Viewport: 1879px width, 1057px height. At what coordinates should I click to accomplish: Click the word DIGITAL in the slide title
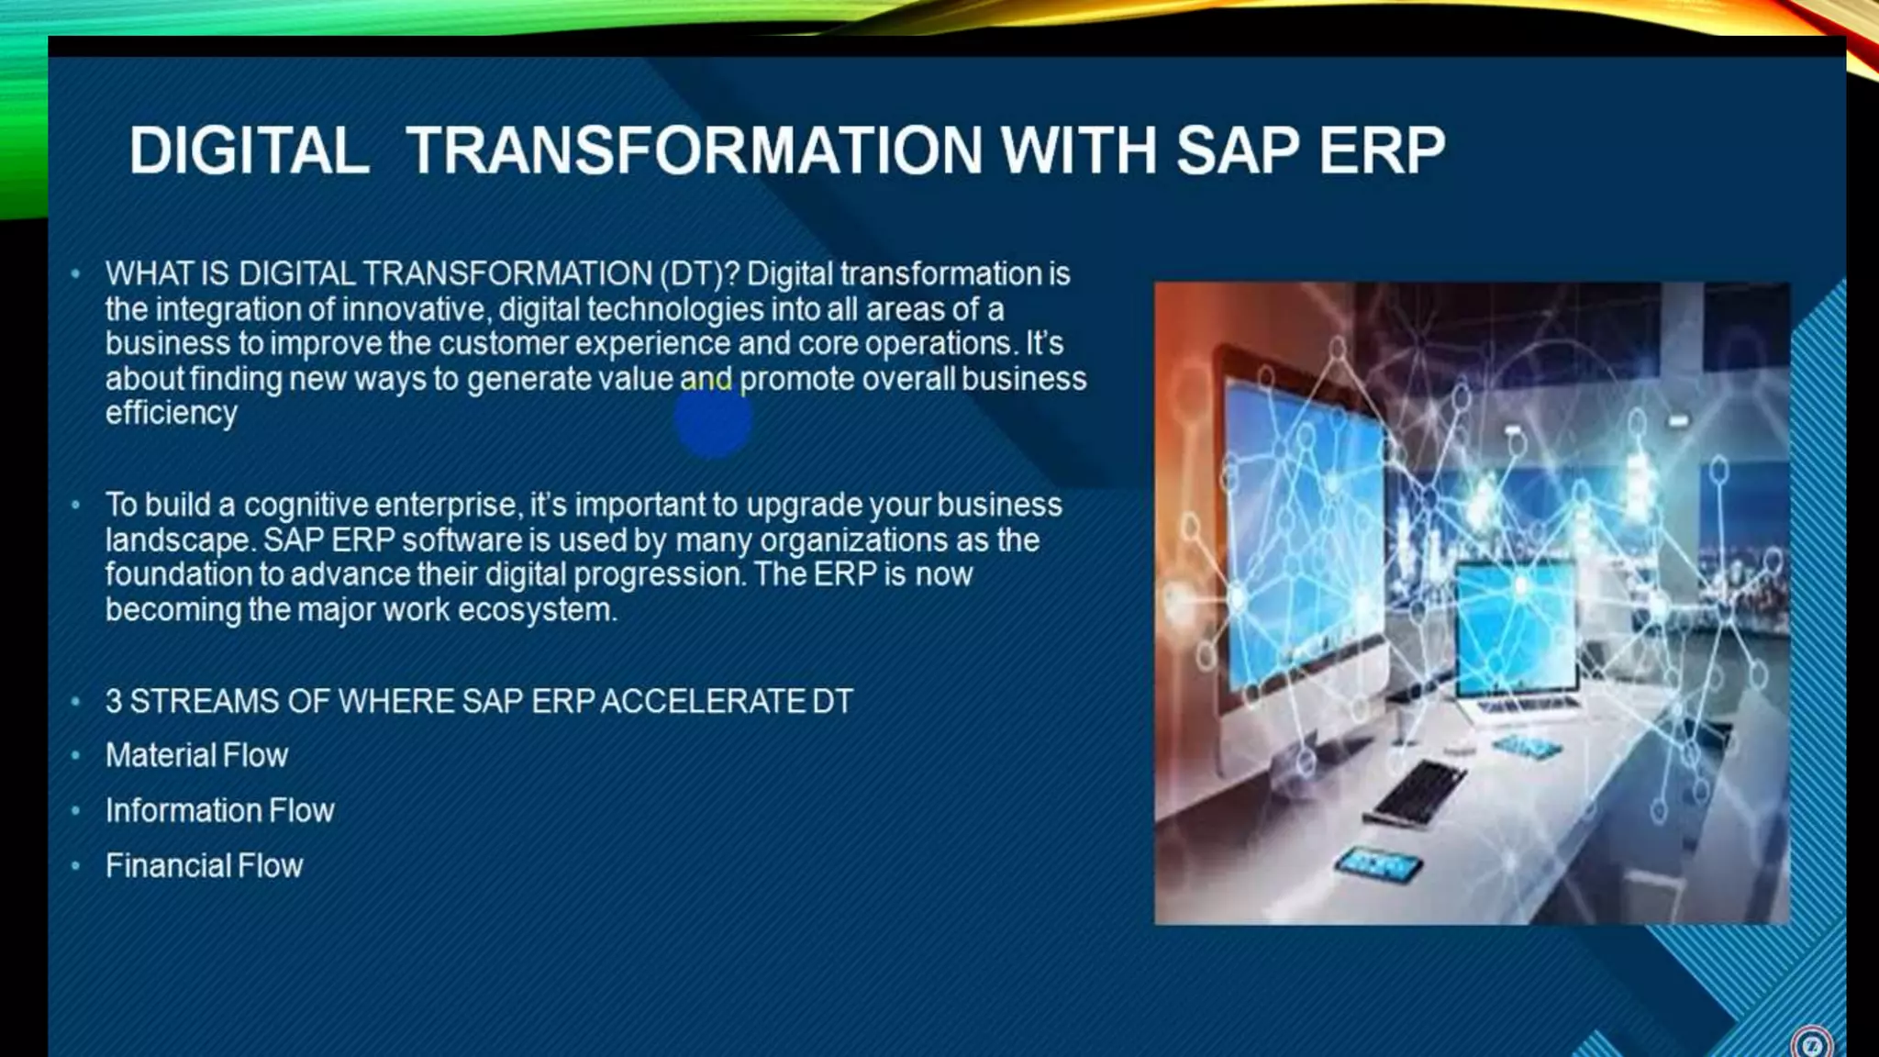[x=249, y=150]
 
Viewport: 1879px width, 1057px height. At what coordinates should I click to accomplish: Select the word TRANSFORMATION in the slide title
[x=694, y=150]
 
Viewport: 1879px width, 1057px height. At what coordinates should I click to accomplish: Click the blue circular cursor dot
[x=713, y=420]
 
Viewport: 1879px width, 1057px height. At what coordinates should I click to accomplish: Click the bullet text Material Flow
[x=196, y=755]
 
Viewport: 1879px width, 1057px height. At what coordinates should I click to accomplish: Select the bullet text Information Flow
[x=219, y=810]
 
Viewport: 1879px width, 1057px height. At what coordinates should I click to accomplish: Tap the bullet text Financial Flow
[x=204, y=865]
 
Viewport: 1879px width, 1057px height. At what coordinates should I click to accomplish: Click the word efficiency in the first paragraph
[x=171, y=413]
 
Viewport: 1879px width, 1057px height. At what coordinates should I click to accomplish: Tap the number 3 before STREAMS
[x=114, y=701]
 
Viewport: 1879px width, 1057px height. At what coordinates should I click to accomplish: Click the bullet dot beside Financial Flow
[x=76, y=865]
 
